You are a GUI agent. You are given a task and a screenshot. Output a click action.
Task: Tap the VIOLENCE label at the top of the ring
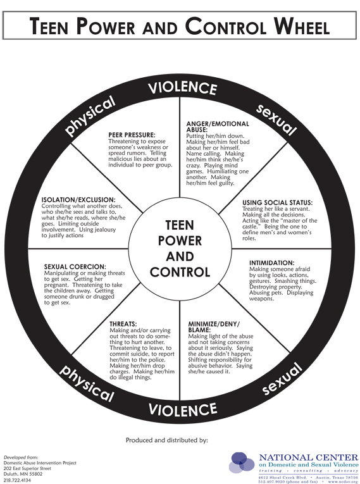(182, 89)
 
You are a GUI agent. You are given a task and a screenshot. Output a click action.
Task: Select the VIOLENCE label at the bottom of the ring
(182, 409)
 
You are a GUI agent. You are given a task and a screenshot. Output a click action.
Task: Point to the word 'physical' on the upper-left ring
(90, 115)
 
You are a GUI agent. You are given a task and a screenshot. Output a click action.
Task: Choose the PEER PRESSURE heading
(132, 135)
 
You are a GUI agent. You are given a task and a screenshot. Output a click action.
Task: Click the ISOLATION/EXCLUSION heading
(78, 200)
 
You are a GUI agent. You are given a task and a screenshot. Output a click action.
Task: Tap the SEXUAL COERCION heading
(75, 267)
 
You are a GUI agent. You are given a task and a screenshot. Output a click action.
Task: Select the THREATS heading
(123, 324)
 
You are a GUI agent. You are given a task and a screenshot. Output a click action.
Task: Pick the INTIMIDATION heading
(271, 263)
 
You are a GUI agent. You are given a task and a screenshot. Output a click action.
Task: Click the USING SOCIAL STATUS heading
(277, 203)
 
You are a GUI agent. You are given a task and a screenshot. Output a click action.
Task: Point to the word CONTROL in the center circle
(180, 272)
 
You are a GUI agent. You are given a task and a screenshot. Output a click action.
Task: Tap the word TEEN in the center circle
(180, 225)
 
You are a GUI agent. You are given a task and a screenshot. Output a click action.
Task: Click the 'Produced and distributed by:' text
(167, 440)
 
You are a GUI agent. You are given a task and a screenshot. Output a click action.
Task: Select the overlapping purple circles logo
(242, 462)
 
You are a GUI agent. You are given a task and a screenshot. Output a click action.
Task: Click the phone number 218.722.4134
(17, 480)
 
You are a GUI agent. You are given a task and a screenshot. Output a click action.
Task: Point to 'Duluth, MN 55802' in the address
(23, 474)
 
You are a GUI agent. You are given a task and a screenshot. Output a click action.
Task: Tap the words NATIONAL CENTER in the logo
(309, 457)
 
